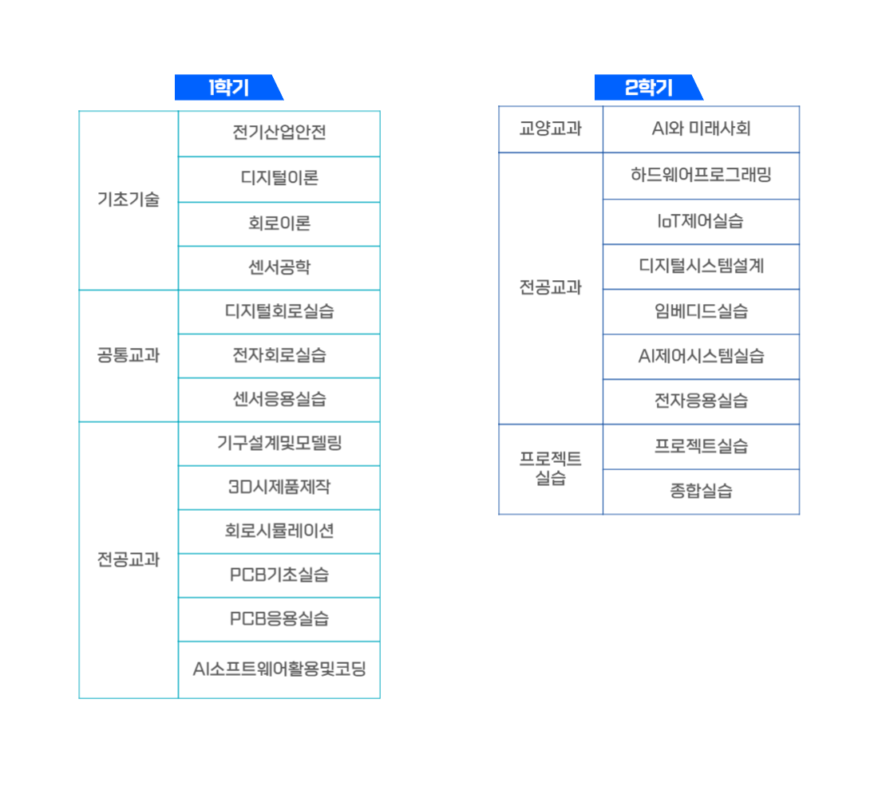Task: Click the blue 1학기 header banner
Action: (x=228, y=87)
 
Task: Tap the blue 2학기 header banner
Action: (x=648, y=87)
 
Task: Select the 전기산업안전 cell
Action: (x=279, y=133)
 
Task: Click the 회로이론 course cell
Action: (x=279, y=224)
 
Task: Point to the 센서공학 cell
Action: (x=279, y=267)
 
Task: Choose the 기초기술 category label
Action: (x=129, y=200)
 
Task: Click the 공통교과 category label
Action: (x=129, y=356)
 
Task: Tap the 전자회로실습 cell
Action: (x=279, y=356)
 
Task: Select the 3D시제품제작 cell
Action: (x=279, y=488)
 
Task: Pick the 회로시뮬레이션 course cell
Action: (x=279, y=531)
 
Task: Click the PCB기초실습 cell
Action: (x=279, y=575)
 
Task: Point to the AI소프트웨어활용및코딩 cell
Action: (x=279, y=670)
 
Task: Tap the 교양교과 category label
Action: (x=551, y=129)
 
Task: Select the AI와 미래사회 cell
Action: (x=701, y=129)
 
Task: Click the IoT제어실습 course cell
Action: (x=701, y=222)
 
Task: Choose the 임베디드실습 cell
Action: (x=701, y=311)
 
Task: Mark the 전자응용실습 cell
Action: (x=701, y=401)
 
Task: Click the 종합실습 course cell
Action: (x=701, y=492)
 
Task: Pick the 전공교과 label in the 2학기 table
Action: (x=551, y=288)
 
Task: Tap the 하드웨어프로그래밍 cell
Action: (x=701, y=176)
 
